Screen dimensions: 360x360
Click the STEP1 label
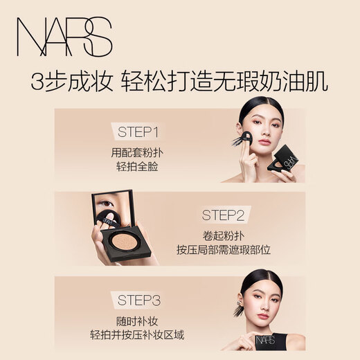[146, 132]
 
